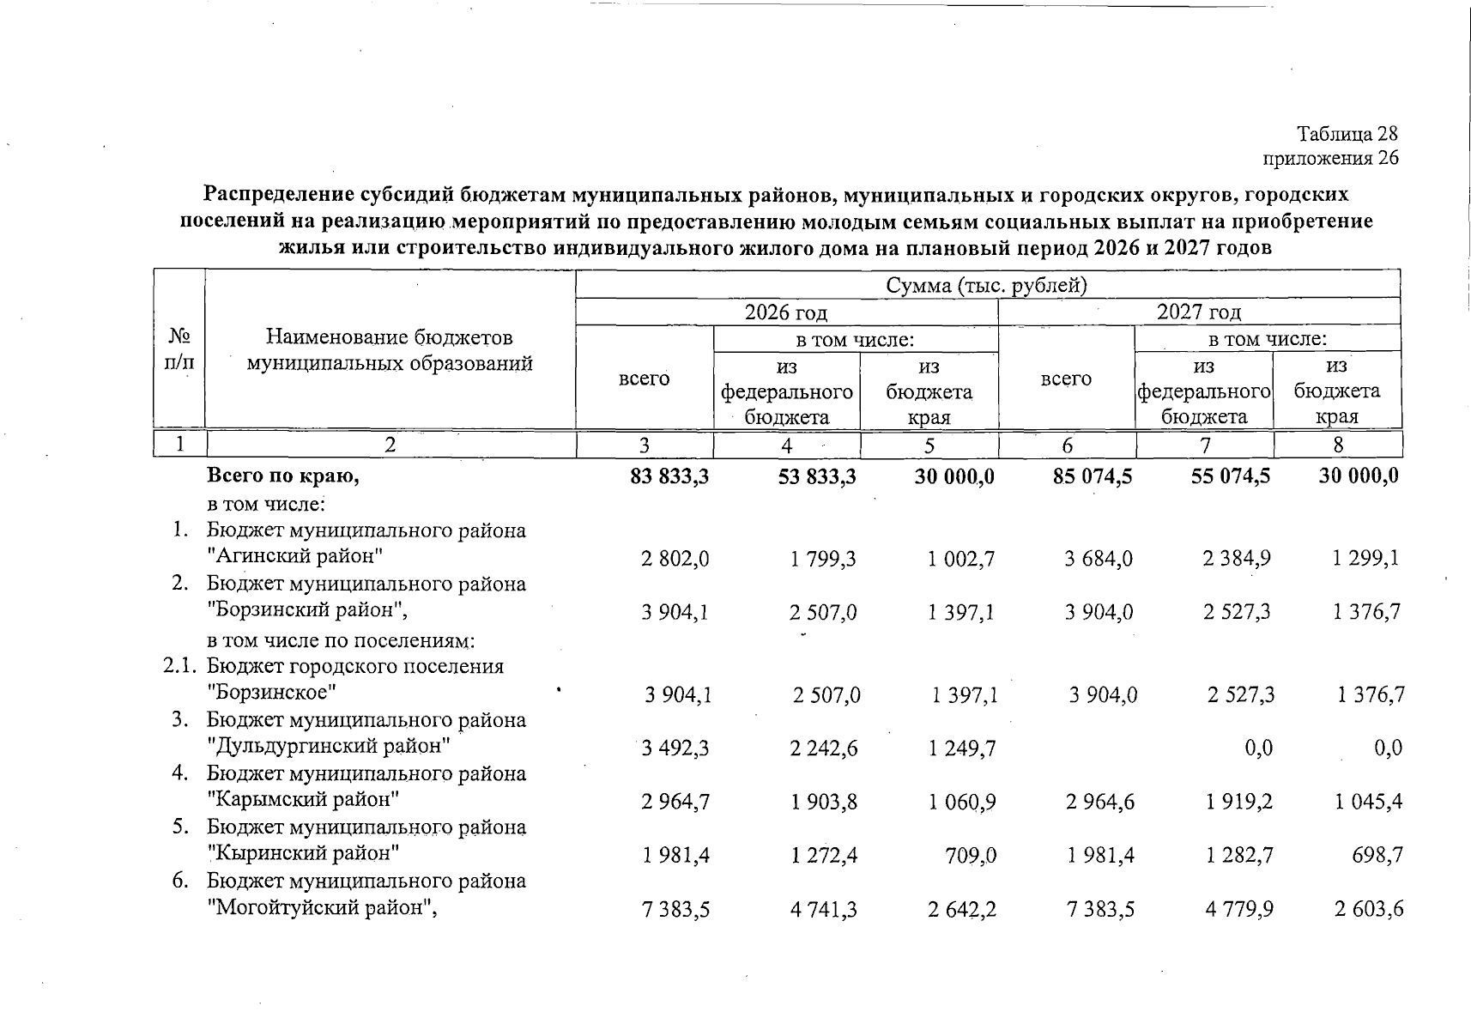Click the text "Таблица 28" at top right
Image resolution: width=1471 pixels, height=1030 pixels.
[1347, 135]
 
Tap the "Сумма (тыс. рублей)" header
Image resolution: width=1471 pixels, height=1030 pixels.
[987, 285]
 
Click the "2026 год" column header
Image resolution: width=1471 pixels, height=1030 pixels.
[786, 312]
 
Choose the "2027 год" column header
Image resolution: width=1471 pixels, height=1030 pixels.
[1199, 312]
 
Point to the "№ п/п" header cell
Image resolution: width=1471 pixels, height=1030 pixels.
[179, 349]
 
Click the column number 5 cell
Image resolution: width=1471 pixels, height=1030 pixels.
[929, 445]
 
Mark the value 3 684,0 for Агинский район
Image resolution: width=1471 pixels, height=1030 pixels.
[1099, 559]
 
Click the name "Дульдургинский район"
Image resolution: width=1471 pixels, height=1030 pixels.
[330, 746]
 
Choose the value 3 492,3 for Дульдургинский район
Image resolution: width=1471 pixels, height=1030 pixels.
[675, 748]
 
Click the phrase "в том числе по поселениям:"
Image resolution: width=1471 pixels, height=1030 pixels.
[342, 640]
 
